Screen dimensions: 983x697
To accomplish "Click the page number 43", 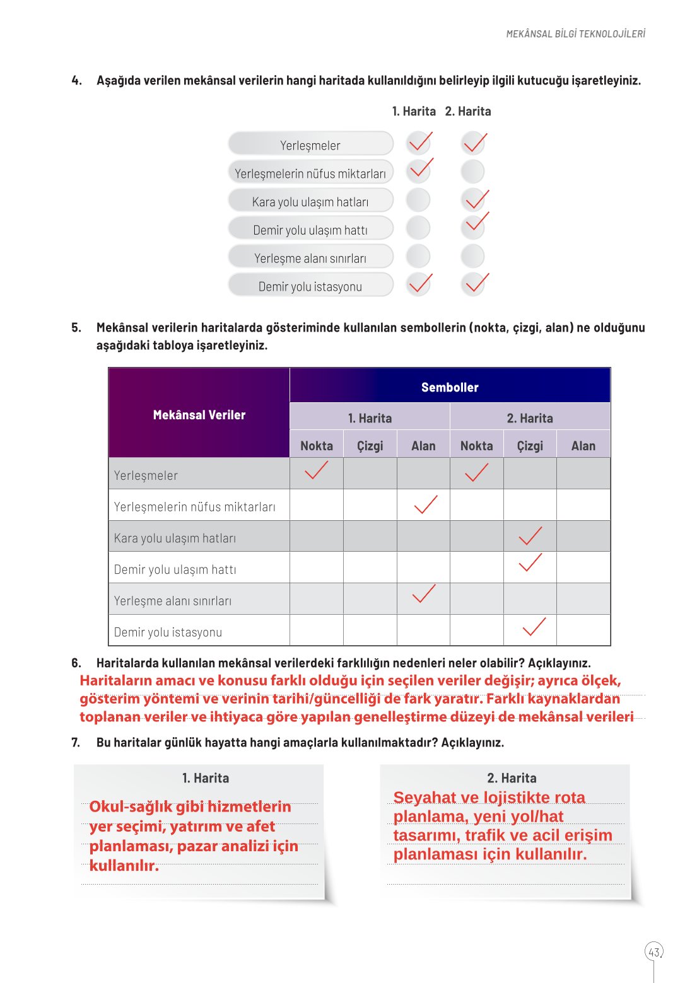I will pos(654,952).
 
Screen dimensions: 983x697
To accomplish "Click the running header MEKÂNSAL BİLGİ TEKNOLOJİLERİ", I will pos(575,34).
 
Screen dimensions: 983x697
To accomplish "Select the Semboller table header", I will pos(450,387).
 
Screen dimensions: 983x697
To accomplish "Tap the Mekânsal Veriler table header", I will pos(199,415).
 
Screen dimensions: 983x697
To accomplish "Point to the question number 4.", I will pos(76,81).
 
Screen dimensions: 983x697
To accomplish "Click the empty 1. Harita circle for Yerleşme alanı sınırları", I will pos(418,257).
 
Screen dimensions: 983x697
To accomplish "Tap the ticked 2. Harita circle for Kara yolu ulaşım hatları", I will pos(474,201).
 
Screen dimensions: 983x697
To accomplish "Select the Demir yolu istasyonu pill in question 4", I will pos(310,286).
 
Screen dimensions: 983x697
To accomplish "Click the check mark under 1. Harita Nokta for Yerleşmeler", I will pos(316,471).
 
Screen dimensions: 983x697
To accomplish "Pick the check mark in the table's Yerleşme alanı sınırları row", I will pos(423,594).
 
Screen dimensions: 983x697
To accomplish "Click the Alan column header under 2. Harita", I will pos(583,446).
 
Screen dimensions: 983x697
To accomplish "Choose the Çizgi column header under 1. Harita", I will pos(370,446).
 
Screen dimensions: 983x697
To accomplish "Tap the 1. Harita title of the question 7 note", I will pos(205,778).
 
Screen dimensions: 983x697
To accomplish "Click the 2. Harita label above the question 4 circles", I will pos(467,112).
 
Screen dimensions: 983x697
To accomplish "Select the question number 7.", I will pos(76,743).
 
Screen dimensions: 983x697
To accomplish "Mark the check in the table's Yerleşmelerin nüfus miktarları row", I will pos(425,504).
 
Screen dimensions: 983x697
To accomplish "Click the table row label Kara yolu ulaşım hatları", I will pos(175,538).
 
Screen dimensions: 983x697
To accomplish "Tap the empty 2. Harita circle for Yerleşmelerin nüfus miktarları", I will pos(472,172).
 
